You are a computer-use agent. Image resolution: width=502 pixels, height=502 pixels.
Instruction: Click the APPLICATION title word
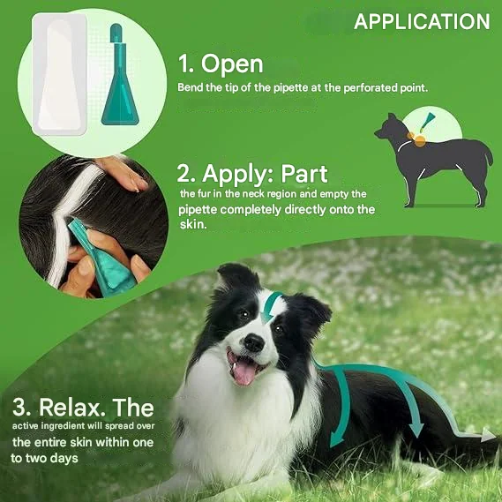point(422,22)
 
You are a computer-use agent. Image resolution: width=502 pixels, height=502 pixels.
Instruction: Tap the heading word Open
point(232,64)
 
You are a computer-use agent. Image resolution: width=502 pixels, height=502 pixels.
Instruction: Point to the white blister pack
point(59,74)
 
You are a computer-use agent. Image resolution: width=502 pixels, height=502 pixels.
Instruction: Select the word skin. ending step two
point(193,224)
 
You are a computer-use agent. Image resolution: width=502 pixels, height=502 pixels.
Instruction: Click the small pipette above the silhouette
point(427,122)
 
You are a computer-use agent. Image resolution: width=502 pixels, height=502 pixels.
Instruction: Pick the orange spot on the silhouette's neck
point(420,140)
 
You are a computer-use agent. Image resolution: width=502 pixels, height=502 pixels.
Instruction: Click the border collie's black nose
point(254,343)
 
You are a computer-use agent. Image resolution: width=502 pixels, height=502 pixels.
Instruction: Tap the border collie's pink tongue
point(244,373)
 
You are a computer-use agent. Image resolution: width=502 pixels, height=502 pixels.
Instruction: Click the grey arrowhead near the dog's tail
point(489,435)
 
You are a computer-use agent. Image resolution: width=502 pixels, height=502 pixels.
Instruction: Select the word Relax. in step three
point(72,408)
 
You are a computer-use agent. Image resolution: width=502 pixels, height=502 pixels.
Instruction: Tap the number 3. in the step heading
point(21,408)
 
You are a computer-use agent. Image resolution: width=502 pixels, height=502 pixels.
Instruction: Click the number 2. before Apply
point(187,174)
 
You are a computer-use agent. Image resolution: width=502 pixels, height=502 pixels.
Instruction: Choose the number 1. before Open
point(185,64)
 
